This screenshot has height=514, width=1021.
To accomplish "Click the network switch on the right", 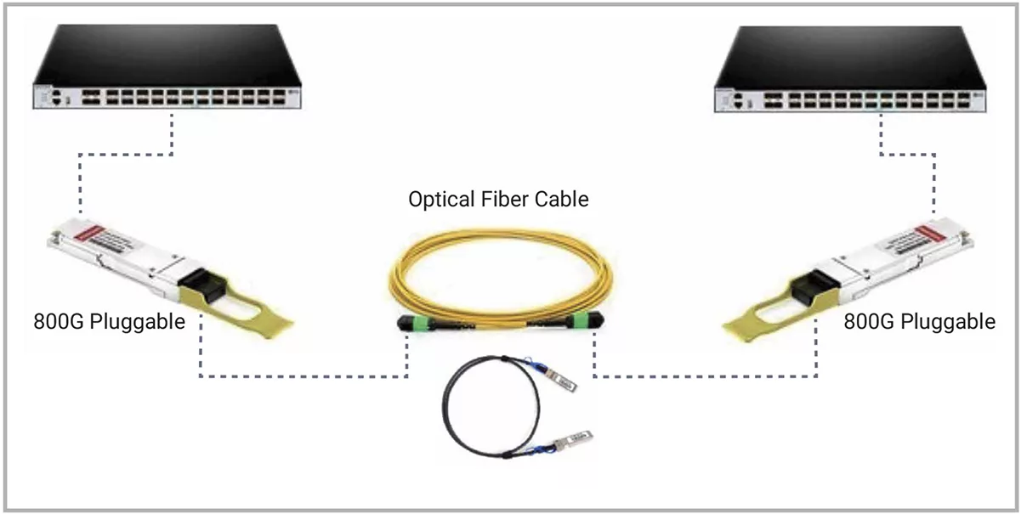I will coord(849,70).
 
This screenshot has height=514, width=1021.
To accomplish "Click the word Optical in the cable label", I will coord(440,201).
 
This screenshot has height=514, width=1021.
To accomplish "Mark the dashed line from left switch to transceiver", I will coord(128,154).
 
